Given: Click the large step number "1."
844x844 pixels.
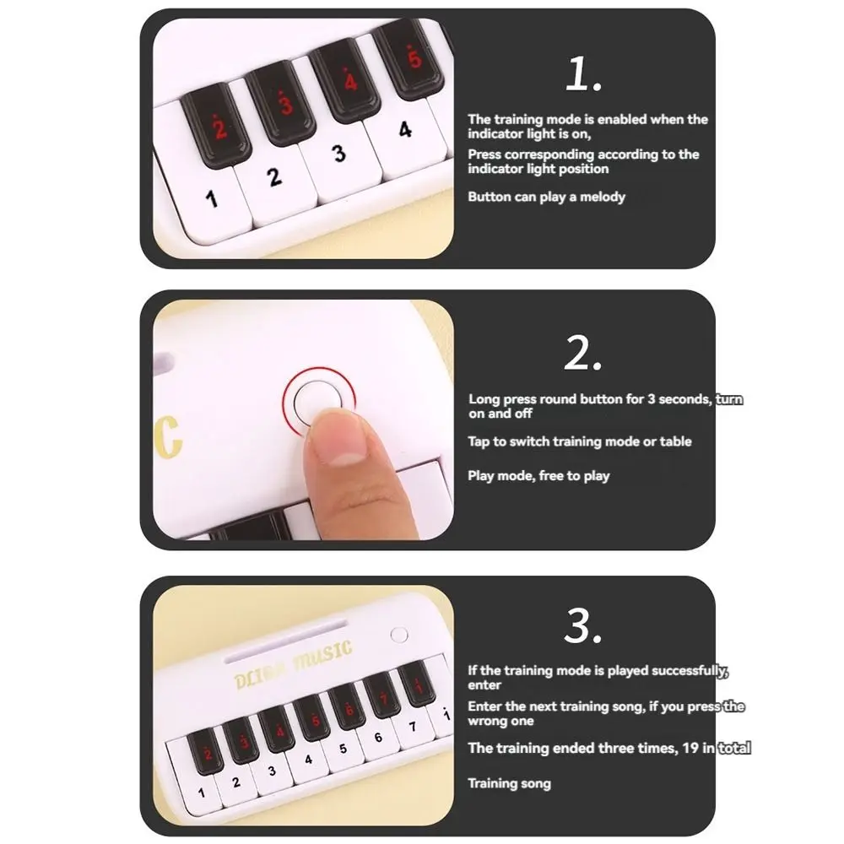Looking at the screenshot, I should click(x=583, y=76).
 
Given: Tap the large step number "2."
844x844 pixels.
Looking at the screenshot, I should click(x=583, y=354).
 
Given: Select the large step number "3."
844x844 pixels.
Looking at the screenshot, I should click(x=583, y=626).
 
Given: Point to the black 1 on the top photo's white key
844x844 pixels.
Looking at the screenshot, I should click(x=212, y=199).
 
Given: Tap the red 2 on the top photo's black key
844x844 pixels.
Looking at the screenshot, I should click(x=219, y=129).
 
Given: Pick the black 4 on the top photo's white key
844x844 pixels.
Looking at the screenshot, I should click(x=406, y=130).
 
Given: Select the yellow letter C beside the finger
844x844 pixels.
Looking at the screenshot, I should click(x=170, y=434).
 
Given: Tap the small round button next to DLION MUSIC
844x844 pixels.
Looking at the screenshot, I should click(x=400, y=635).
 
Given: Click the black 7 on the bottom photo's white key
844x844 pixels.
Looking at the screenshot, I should click(x=412, y=726).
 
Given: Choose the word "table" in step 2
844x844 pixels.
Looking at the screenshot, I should click(x=675, y=441).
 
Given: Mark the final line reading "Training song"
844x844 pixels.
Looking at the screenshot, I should click(x=509, y=783).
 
